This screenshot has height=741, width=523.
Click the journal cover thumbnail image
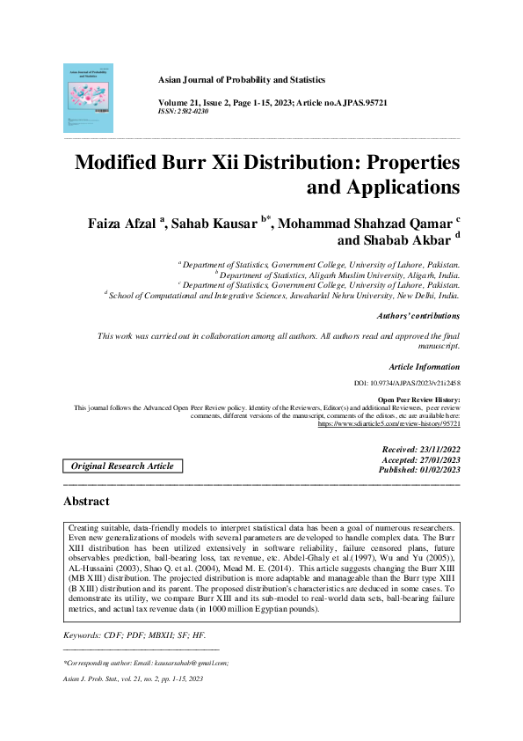pos(88,97)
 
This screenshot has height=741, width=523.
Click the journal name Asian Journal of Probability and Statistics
pos(241,79)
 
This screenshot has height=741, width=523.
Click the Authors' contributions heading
pos(418,315)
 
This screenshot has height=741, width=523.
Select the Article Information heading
pos(423,367)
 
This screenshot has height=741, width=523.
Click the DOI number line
pos(405,384)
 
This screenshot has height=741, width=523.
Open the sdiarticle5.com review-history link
pos(388,424)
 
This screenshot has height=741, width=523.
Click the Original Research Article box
pos(122,466)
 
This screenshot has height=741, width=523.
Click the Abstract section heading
pos(86,502)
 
